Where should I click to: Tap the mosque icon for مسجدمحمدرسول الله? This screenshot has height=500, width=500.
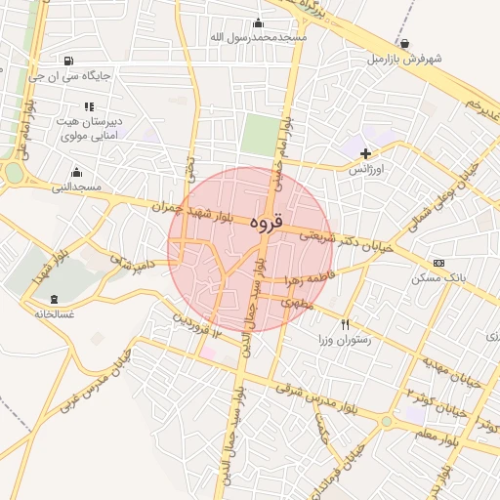[x=258, y=23]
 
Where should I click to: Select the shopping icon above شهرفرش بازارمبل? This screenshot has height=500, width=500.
[x=405, y=44]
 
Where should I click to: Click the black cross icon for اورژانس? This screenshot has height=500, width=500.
[x=366, y=153]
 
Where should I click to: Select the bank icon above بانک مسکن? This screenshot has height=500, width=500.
[x=438, y=263]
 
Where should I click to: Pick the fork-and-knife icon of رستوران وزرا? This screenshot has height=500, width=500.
[x=345, y=324]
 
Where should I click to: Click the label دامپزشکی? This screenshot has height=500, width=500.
[x=133, y=264]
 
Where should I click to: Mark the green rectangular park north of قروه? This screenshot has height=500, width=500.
[x=259, y=135]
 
